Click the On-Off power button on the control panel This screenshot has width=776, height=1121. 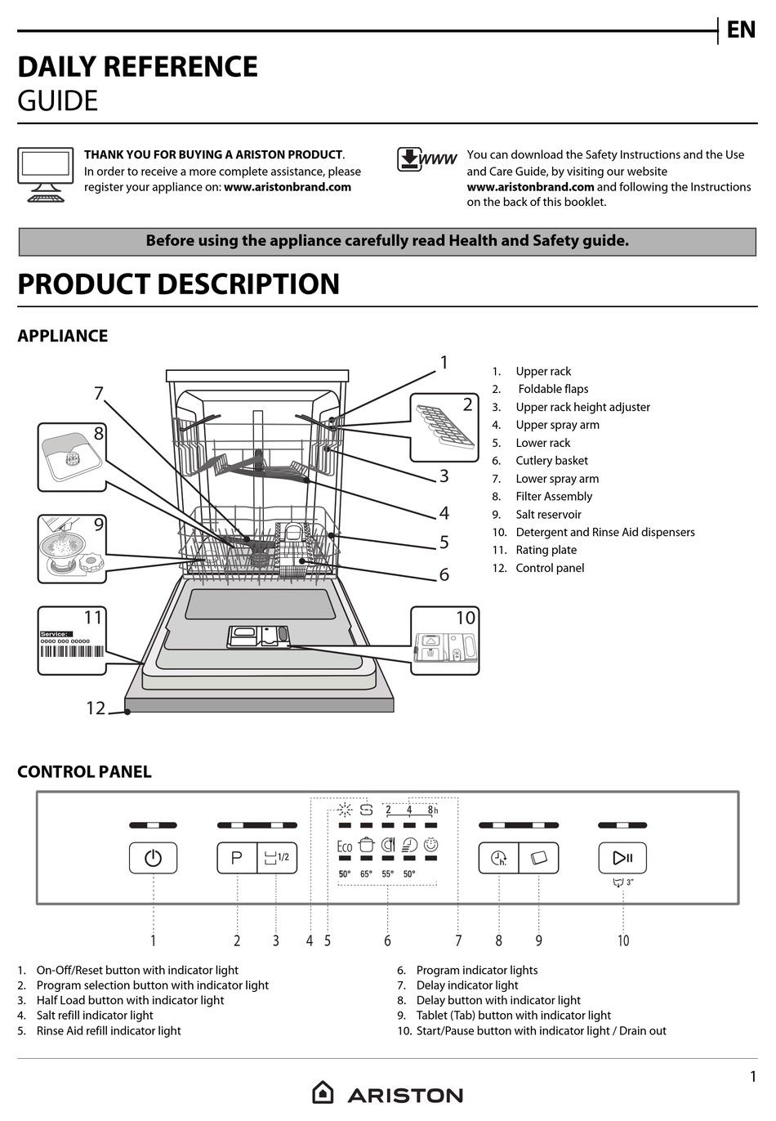pos(153,858)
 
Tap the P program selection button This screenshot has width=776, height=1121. pos(237,858)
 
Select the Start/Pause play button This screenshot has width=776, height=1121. pos(622,858)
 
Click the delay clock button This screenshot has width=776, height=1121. pos(498,858)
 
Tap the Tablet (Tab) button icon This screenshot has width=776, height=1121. pos(539,858)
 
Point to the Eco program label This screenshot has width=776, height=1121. pos(345,846)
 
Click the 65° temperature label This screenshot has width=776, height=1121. pos(366,873)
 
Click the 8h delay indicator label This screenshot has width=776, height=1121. pos(432,810)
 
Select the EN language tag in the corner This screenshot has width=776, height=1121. pos(741,30)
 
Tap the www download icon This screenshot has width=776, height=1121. pos(426,159)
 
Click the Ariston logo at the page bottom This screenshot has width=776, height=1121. pos(387,1093)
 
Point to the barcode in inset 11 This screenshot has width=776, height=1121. pos(72,652)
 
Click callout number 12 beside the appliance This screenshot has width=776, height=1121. pos(96,708)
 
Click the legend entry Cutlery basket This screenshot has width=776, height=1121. pos(551,461)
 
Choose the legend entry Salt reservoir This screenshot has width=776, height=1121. pos(548,515)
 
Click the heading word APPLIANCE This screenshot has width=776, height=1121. pos(63,336)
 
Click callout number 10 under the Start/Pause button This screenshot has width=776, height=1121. pos(623,940)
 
